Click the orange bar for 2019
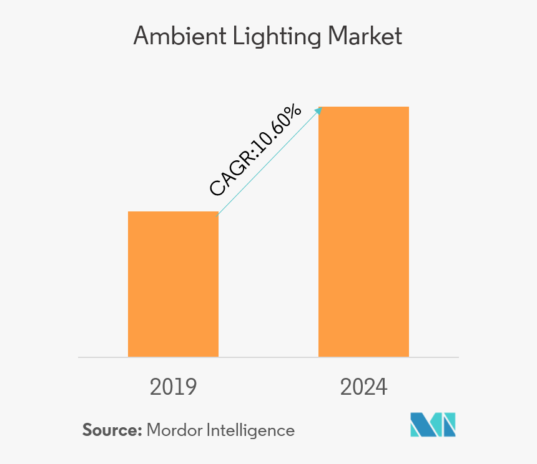[x=173, y=284]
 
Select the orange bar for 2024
[x=363, y=231]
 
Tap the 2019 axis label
[x=173, y=387]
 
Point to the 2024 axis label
[x=363, y=387]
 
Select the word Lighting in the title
[x=270, y=37]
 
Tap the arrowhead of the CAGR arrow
[x=318, y=110]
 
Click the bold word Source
[x=110, y=430]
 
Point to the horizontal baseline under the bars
[x=268, y=357]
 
